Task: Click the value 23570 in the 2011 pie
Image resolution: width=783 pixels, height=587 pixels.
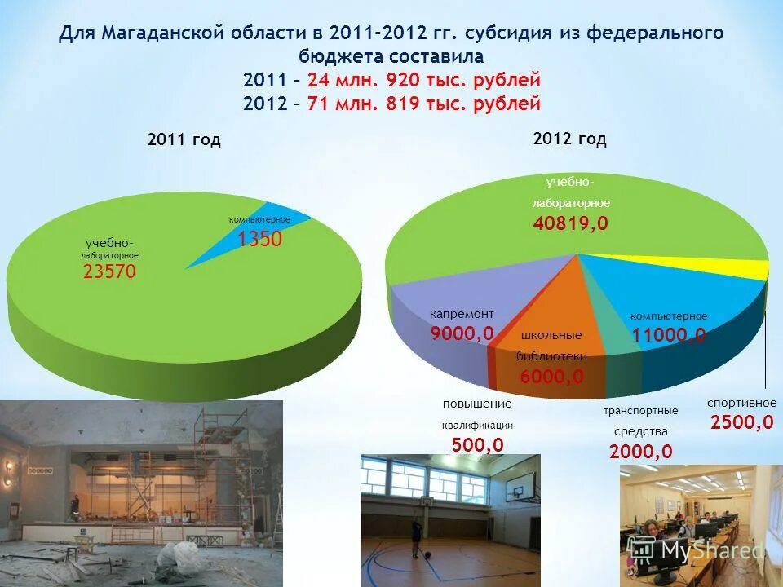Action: [x=109, y=272]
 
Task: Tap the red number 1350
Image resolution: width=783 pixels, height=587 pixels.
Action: [x=259, y=239]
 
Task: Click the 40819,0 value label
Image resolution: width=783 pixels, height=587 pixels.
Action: [x=571, y=223]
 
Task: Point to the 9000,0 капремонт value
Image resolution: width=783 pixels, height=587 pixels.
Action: [x=462, y=333]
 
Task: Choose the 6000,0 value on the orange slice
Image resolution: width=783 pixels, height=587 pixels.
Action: [x=551, y=376]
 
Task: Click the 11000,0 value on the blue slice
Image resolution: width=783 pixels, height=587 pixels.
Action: [x=669, y=335]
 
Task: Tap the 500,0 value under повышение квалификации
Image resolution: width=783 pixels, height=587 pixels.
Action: [x=477, y=444]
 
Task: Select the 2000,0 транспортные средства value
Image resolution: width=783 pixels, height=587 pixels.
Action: [x=640, y=451]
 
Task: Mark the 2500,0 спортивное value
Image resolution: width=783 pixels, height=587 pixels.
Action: [x=741, y=422]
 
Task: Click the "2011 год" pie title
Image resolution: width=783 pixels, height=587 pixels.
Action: [x=184, y=140]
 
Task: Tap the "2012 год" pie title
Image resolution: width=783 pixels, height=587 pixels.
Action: [x=569, y=139]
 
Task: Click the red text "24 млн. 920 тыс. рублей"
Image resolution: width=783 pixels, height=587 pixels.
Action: [x=424, y=81]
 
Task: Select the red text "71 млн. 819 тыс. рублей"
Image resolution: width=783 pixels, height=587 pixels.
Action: [x=424, y=104]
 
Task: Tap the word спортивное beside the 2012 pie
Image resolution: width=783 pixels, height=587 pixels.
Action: [x=741, y=403]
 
